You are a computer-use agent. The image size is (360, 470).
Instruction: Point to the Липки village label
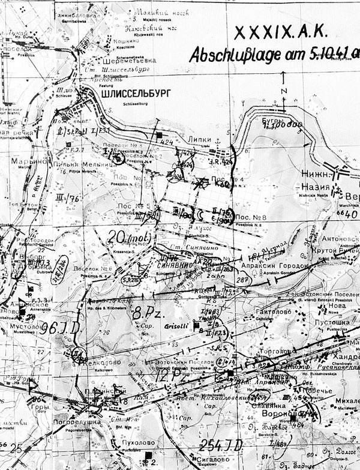click(x=200, y=138)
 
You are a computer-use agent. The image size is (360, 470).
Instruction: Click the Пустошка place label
click(x=332, y=322)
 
